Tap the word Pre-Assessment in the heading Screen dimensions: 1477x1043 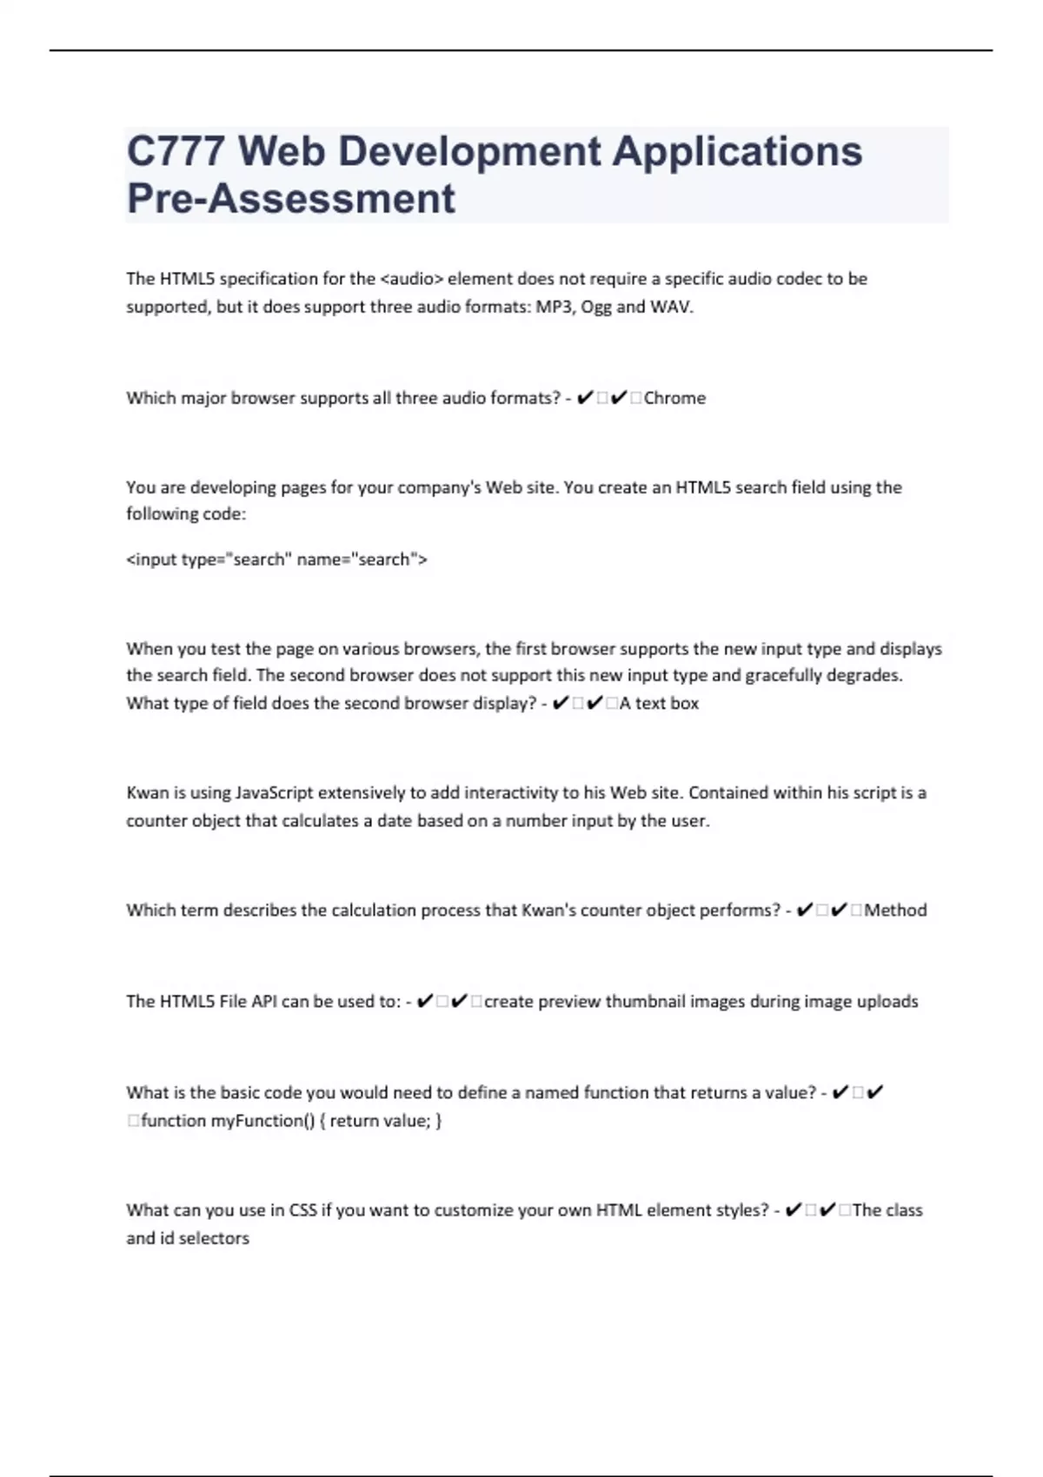tap(290, 199)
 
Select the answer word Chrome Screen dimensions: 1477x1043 tap(674, 398)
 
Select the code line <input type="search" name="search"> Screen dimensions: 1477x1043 tap(276, 560)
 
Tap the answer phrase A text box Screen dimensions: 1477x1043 tap(659, 704)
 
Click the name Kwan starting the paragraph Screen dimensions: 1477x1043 tap(144, 793)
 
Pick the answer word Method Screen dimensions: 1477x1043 tap(895, 911)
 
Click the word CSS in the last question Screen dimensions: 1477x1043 tap(302, 1210)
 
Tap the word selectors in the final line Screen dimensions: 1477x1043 tap(214, 1238)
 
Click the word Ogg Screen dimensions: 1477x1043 tap(596, 307)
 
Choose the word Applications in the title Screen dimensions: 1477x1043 tap(737, 152)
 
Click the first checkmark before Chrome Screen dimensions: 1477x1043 tap(585, 398)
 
